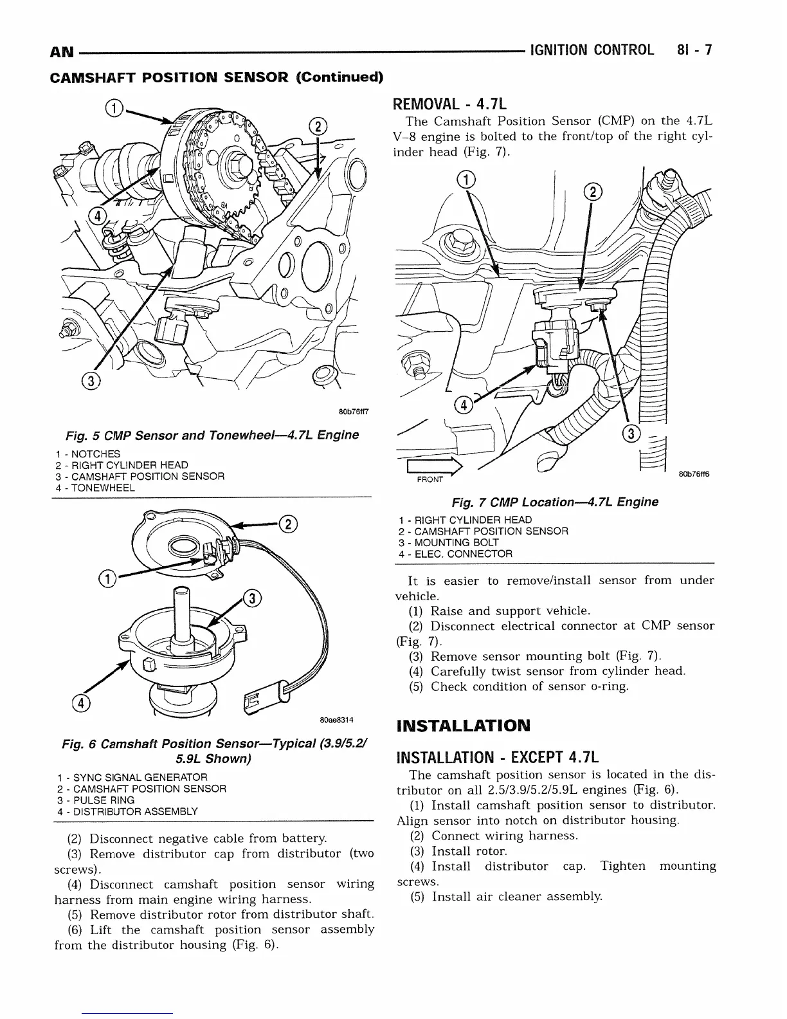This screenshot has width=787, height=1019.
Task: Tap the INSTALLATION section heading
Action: pyautogui.click(x=464, y=726)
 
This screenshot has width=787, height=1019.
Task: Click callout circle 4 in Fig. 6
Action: pyautogui.click(x=83, y=704)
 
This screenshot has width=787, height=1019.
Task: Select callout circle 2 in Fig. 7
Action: pyautogui.click(x=593, y=192)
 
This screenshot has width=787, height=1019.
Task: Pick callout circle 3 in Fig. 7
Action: pyautogui.click(x=632, y=434)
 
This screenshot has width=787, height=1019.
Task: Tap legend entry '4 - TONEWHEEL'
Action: pyautogui.click(x=95, y=488)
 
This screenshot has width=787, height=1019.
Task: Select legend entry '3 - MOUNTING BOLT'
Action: pyautogui.click(x=448, y=542)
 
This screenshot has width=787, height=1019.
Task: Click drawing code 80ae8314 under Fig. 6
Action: pyautogui.click(x=337, y=719)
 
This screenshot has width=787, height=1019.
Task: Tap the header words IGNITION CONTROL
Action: pyautogui.click(x=591, y=50)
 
